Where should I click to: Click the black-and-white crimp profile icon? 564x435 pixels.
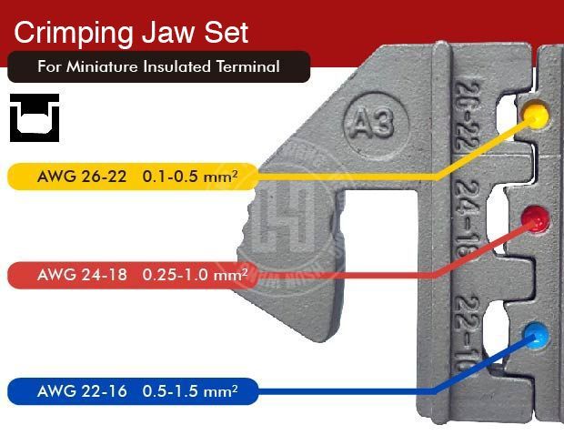[35, 117]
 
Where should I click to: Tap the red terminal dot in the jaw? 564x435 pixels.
[533, 219]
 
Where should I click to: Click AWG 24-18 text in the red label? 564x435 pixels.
[84, 274]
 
